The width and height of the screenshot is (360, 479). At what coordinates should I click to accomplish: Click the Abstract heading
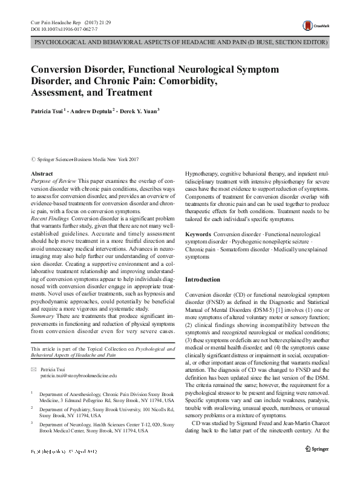click(x=42, y=174)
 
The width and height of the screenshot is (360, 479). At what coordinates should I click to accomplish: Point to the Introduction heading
click(x=203, y=279)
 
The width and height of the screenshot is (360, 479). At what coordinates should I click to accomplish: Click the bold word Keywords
click(x=198, y=234)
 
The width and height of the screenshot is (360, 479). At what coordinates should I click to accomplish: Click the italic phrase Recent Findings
click(x=50, y=218)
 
